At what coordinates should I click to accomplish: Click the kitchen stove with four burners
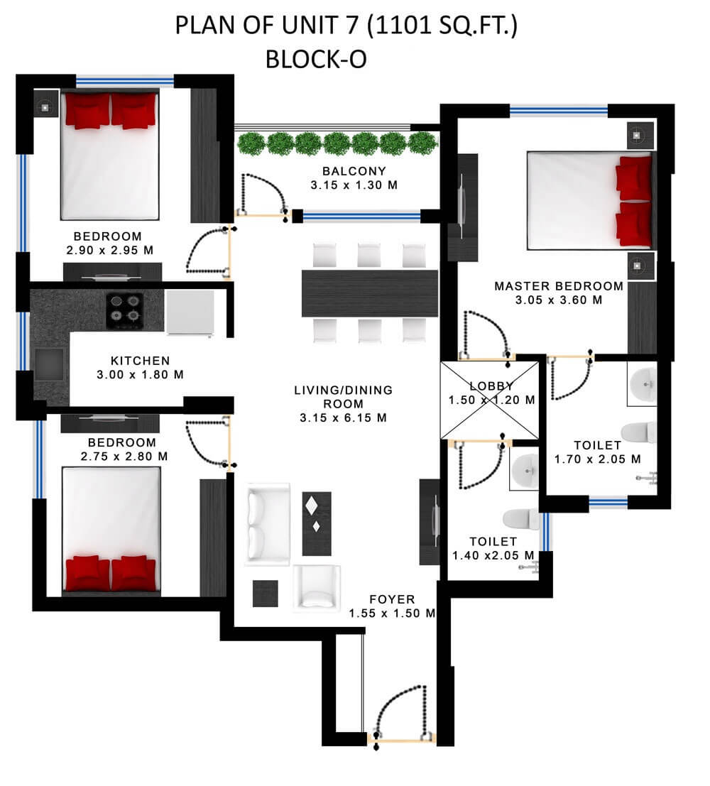(x=125, y=311)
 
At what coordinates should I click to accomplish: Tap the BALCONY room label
(x=354, y=171)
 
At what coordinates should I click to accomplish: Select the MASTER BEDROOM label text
(x=559, y=286)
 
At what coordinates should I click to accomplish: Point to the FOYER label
(x=392, y=599)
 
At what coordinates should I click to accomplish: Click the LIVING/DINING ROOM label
(x=343, y=396)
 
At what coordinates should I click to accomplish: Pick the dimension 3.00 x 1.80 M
(x=140, y=374)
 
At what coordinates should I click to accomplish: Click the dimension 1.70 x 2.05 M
(x=597, y=459)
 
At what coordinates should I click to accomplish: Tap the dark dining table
(x=369, y=293)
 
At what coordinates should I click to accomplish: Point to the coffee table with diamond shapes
(x=317, y=524)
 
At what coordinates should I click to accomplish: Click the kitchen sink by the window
(x=49, y=364)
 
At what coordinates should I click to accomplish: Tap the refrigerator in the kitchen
(x=190, y=312)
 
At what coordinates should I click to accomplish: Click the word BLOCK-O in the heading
(x=316, y=59)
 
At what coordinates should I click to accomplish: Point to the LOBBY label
(x=491, y=386)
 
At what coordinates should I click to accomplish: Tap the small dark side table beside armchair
(x=266, y=594)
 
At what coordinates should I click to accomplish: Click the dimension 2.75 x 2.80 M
(x=124, y=456)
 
